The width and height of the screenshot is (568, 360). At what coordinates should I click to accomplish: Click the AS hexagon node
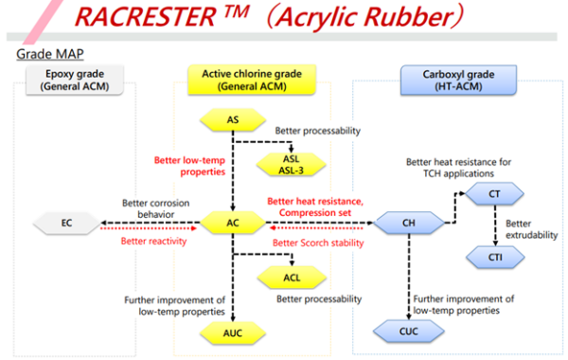[x=233, y=120]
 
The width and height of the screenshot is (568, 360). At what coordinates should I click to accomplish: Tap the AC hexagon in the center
[x=233, y=225]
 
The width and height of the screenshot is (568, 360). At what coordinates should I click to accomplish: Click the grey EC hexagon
[x=66, y=225]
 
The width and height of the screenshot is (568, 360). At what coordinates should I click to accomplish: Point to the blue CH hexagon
[x=409, y=225]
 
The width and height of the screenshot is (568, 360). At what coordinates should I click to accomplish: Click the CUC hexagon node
[x=409, y=331]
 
